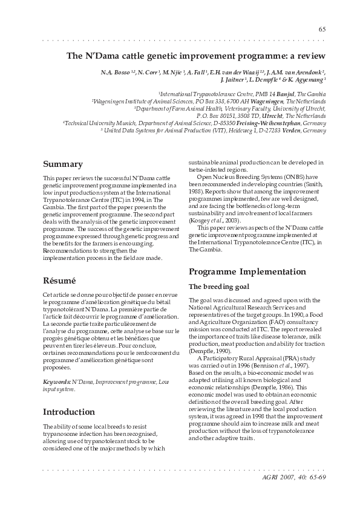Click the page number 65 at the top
322,30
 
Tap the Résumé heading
59,280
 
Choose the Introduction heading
68,412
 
